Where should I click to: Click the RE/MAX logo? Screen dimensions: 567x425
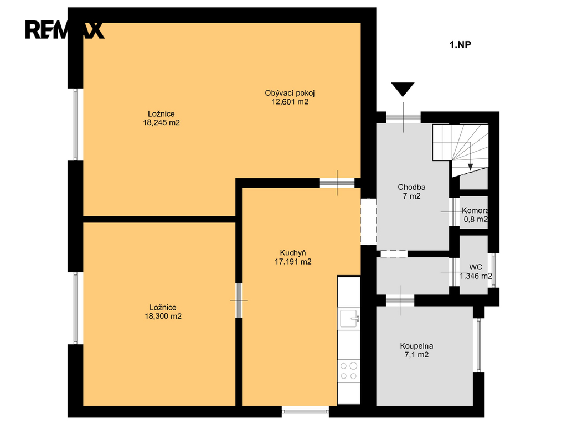pos(64,30)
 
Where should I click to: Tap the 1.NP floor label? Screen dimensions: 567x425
pos(460,45)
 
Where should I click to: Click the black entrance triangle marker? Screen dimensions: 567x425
pos(403,89)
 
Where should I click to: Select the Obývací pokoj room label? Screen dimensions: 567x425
pos(290,93)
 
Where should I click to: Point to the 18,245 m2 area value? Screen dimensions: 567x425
pos(161,122)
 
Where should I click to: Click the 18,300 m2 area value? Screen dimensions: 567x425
pos(163,316)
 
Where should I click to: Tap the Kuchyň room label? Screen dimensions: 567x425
pos(293,252)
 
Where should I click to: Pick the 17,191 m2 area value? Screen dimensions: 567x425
pos(293,262)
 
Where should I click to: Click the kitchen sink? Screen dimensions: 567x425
pos(349,318)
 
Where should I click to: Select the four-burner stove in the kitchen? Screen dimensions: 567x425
pos(349,371)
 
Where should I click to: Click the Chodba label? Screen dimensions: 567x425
pos(411,187)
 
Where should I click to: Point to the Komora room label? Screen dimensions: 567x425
pos(475,211)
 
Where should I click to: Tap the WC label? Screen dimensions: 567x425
pos(476,267)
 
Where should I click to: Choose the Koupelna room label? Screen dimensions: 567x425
pos(416,346)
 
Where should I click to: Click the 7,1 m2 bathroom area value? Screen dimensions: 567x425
pos(416,355)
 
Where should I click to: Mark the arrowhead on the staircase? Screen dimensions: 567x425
pos(470,167)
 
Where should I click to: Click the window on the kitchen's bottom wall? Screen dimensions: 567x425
pos(305,411)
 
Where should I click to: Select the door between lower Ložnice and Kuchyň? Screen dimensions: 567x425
pos(239,300)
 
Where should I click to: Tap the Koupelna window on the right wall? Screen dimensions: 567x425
pos(478,345)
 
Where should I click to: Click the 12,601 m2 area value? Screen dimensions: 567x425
pos(290,102)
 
